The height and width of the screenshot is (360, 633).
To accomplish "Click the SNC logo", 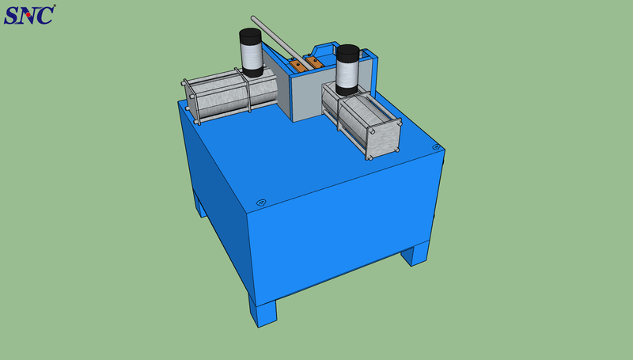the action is (29, 15).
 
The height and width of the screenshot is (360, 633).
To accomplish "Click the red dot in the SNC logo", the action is (28, 15).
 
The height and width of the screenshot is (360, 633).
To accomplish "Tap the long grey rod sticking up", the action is (281, 43).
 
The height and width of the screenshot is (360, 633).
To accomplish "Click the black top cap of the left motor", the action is (250, 36).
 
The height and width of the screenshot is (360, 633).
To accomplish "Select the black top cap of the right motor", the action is (347, 53).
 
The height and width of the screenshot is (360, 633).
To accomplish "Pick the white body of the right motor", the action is (347, 74).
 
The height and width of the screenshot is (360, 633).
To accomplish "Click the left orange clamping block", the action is (298, 66).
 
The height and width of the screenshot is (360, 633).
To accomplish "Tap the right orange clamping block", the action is (313, 63).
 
